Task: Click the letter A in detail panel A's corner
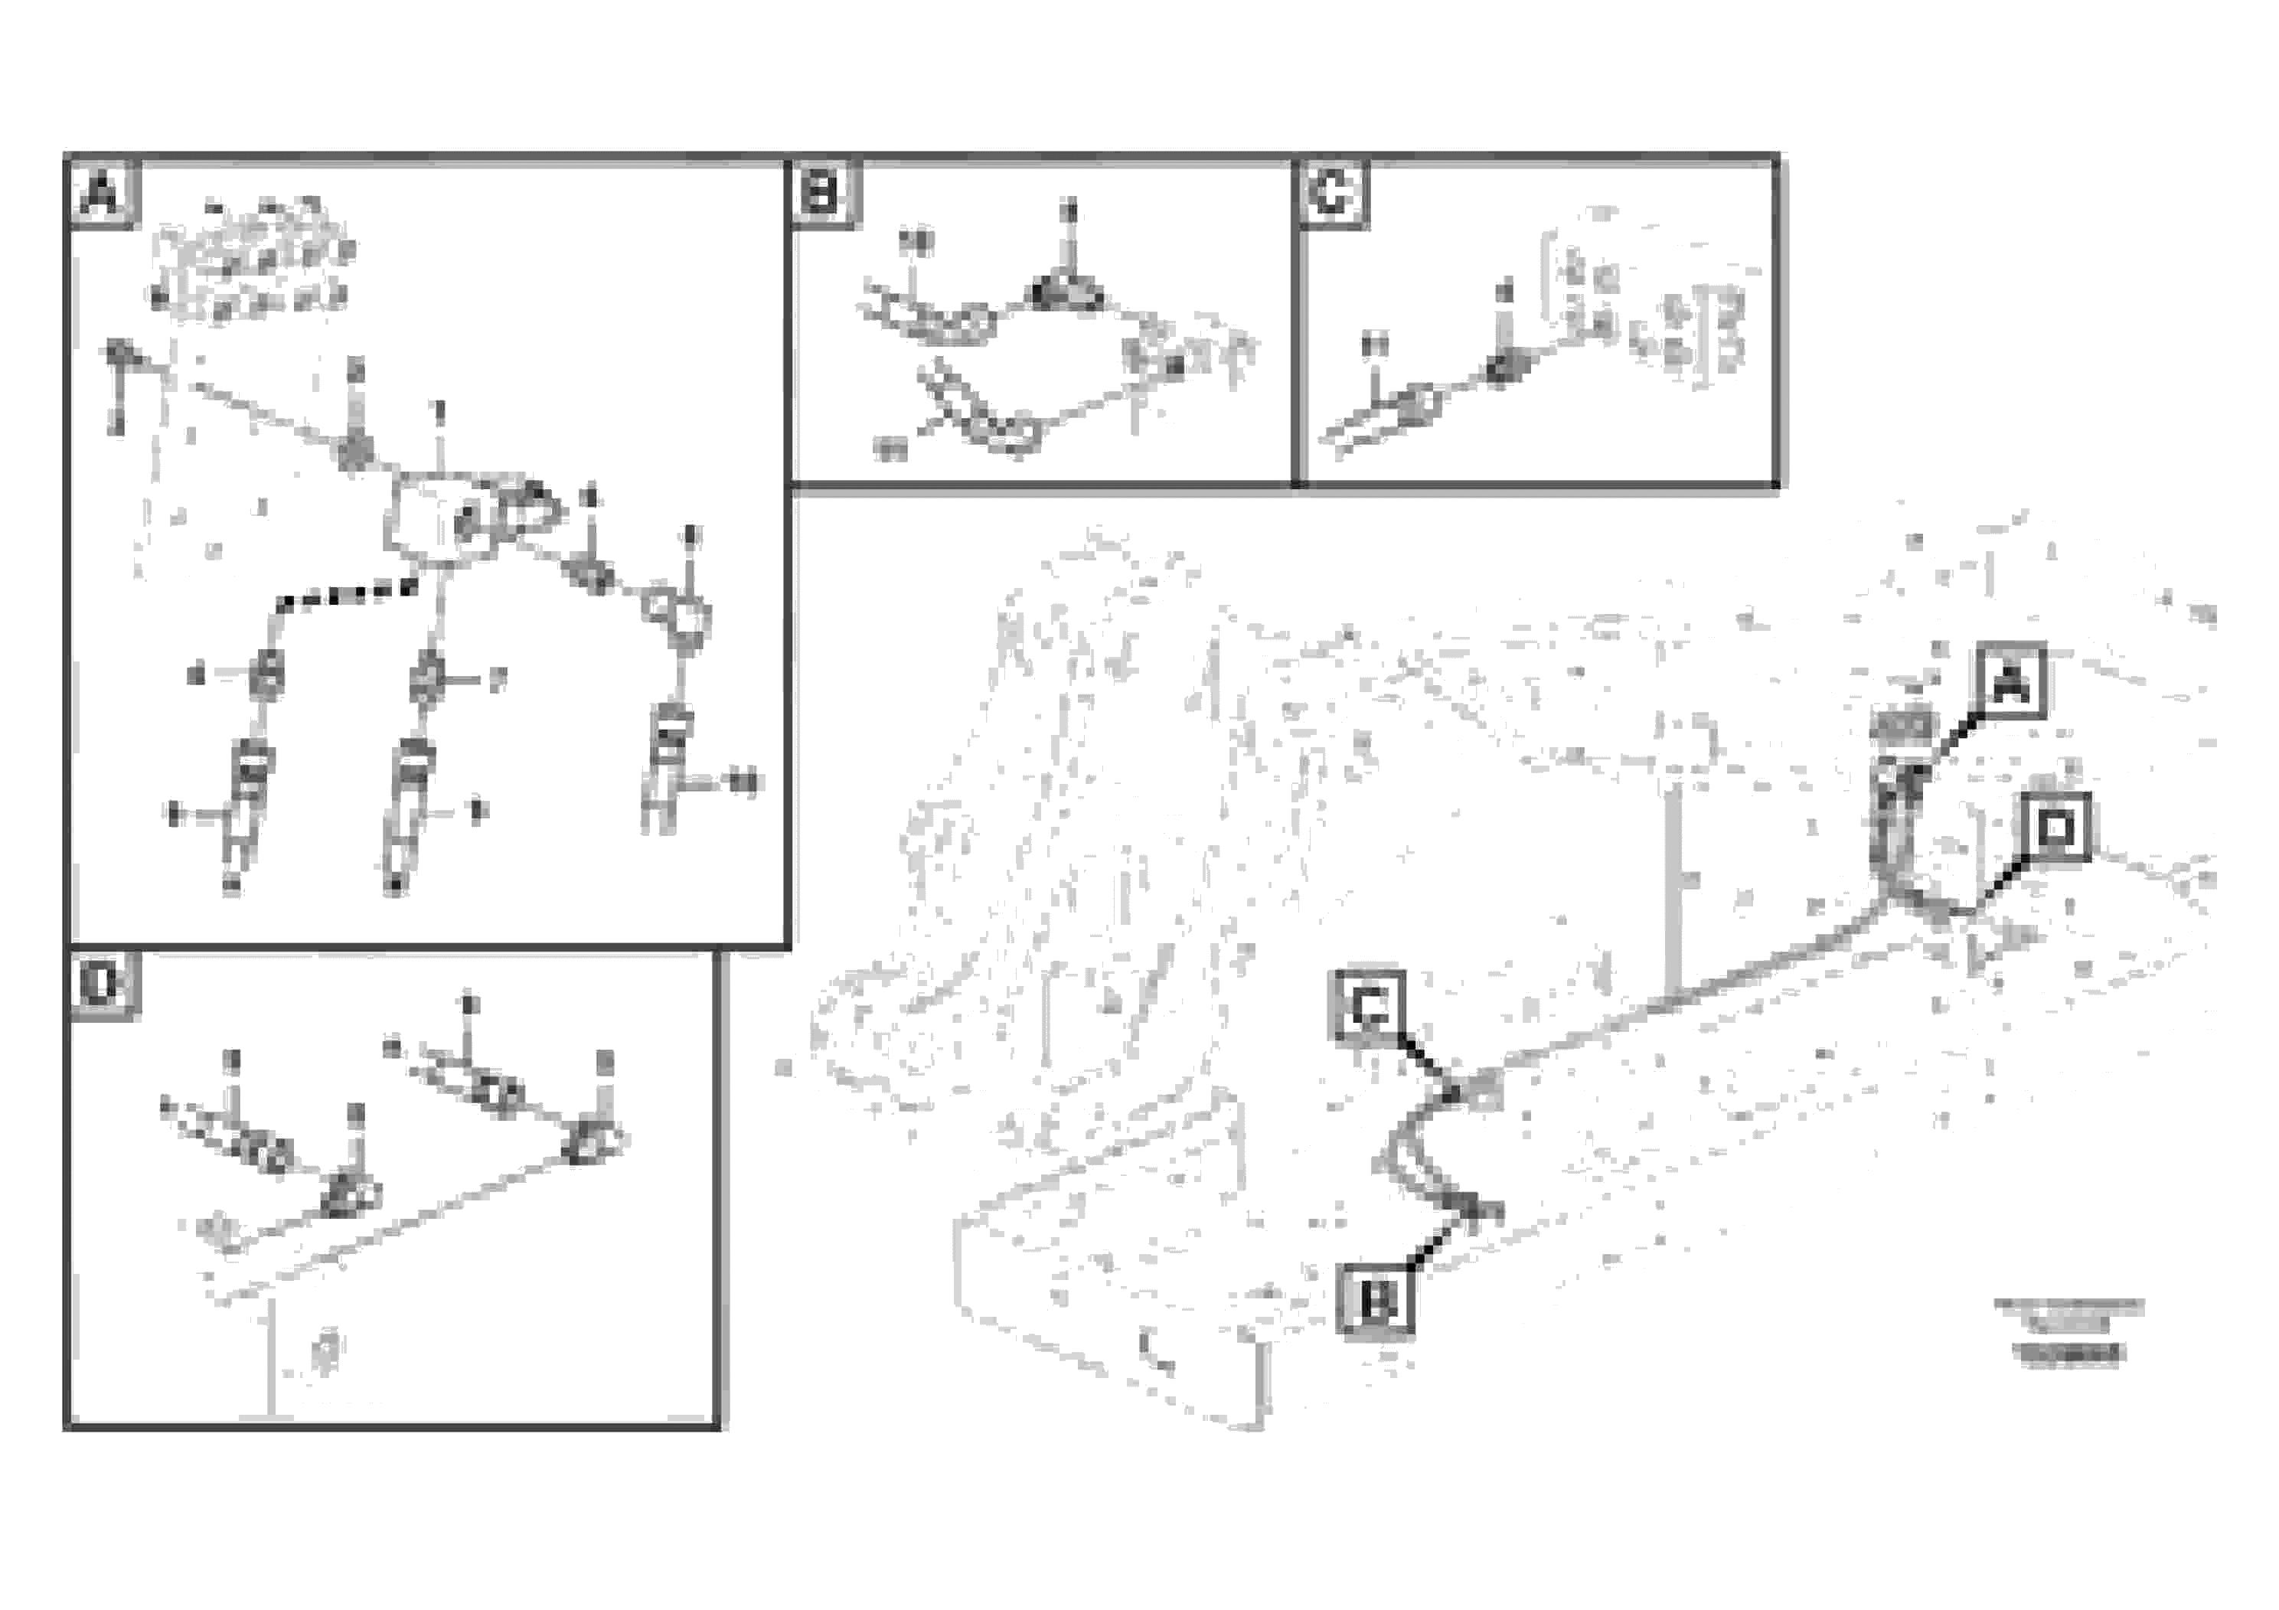tap(103, 194)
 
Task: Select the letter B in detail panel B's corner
tap(822, 193)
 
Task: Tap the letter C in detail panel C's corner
tap(1332, 194)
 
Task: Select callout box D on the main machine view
tap(2055, 827)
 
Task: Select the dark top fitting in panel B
tap(1064, 292)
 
